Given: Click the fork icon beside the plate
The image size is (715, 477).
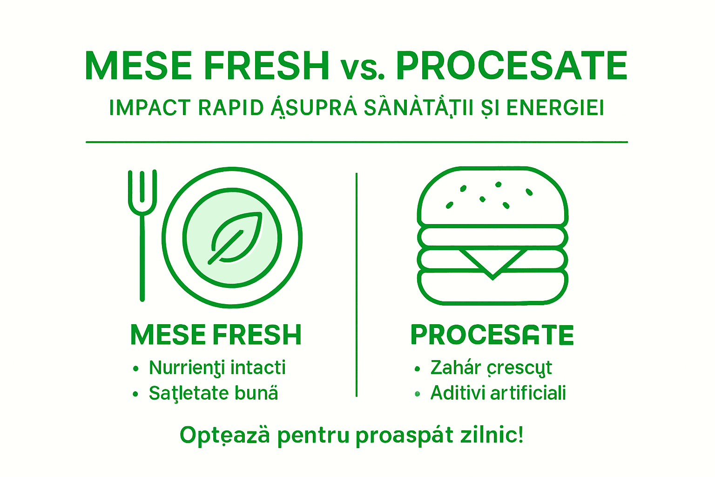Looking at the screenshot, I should (142, 233).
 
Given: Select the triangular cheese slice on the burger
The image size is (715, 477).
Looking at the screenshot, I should (492, 261).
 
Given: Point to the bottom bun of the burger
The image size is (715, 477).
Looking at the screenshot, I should (492, 288).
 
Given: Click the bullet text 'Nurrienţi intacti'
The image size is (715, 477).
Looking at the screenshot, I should (217, 368).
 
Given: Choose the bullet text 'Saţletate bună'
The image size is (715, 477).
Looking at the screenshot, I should (213, 394).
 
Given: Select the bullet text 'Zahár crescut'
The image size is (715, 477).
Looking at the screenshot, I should (491, 368).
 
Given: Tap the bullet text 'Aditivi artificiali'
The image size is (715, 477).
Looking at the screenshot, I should (498, 393).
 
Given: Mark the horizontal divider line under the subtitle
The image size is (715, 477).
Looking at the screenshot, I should (357, 142).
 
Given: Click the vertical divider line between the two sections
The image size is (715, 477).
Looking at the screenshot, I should (357, 284).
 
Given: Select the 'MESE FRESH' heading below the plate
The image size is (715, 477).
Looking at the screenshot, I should (216, 335).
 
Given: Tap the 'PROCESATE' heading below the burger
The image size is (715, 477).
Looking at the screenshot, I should (492, 335).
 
